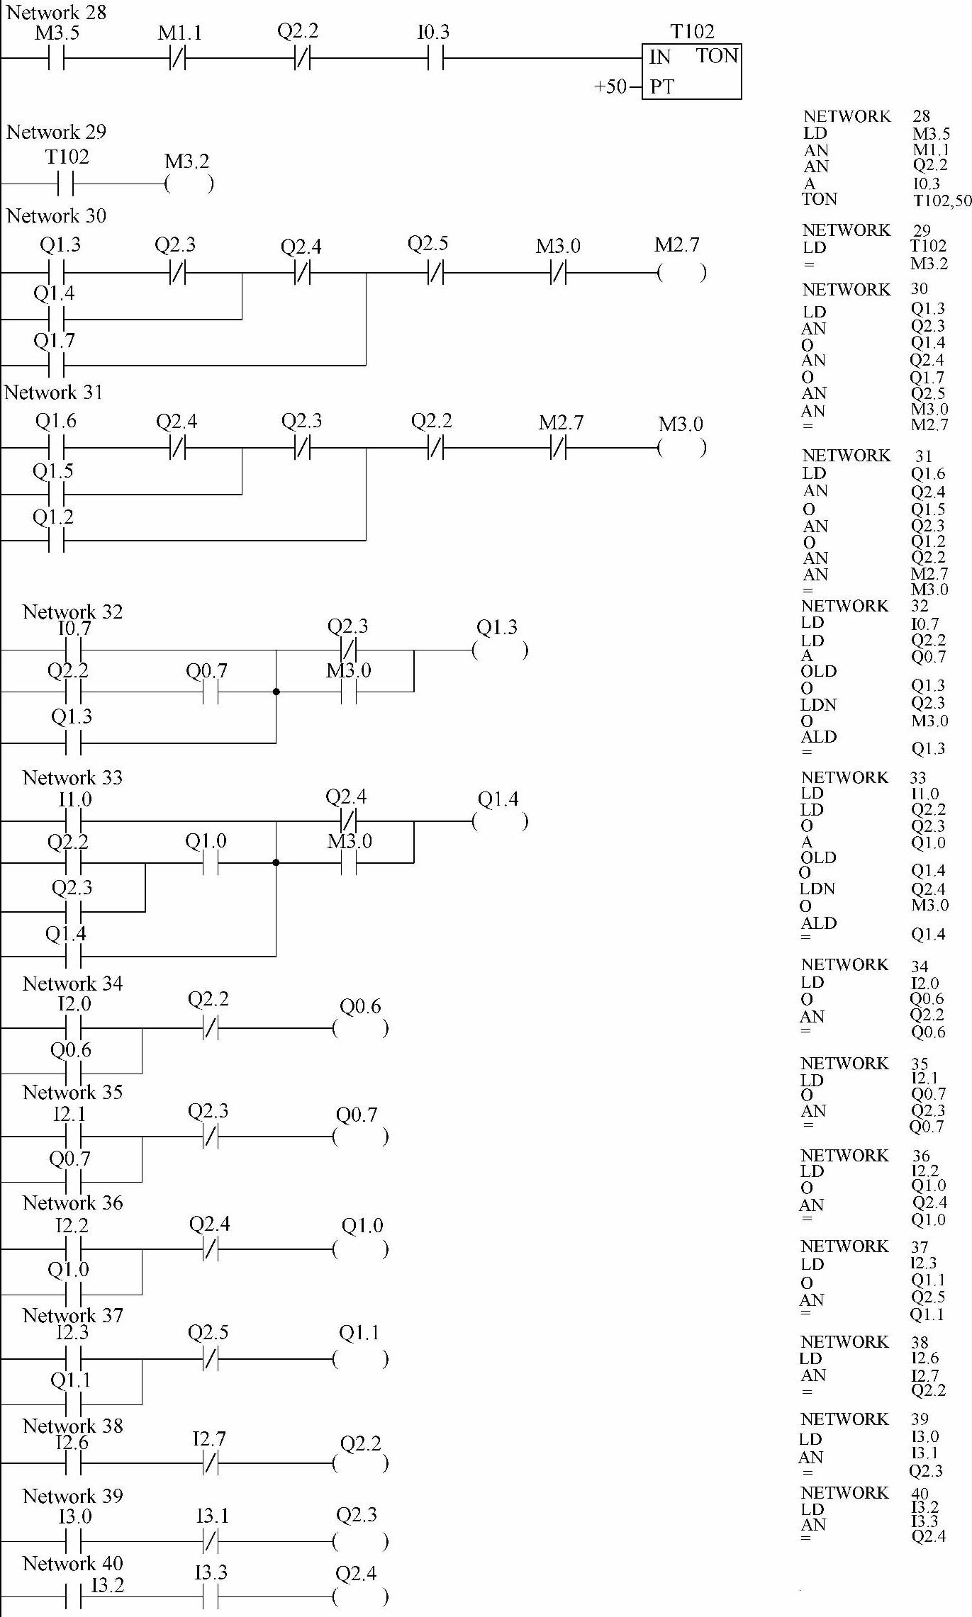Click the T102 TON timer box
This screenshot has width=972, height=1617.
click(691, 71)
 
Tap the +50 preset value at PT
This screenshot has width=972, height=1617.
click(610, 87)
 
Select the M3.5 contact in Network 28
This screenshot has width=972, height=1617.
click(57, 59)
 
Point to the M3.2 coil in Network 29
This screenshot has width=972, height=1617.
click(189, 184)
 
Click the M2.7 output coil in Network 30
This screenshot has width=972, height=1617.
click(681, 273)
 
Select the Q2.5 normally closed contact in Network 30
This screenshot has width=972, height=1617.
click(435, 273)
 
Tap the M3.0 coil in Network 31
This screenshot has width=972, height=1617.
click(681, 448)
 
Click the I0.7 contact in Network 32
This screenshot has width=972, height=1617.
click(73, 650)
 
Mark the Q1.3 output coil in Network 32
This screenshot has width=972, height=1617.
click(500, 650)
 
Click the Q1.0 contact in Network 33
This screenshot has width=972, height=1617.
click(210, 863)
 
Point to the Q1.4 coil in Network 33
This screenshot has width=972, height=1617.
click(500, 821)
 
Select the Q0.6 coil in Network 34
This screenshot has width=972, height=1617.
click(360, 1028)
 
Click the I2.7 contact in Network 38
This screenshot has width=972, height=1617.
click(210, 1463)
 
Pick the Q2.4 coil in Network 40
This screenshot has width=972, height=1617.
click(360, 1597)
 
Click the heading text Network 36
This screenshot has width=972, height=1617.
click(72, 1203)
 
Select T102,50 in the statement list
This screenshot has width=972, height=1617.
click(942, 201)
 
